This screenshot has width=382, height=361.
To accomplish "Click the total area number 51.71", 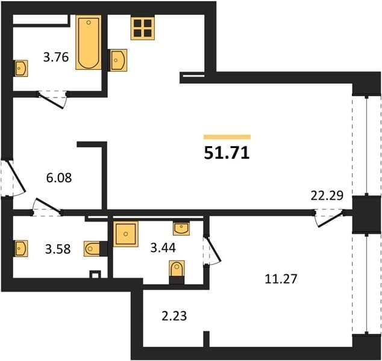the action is (x=227, y=153).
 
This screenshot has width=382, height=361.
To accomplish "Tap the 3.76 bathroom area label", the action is (x=56, y=58).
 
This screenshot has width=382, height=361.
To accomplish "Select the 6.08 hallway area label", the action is (x=59, y=177).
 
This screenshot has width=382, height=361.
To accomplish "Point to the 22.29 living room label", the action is (x=327, y=196).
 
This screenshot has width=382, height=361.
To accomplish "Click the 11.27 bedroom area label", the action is (x=281, y=279).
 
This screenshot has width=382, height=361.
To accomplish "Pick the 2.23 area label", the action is (x=174, y=316).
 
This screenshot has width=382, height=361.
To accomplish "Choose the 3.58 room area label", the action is (x=58, y=249).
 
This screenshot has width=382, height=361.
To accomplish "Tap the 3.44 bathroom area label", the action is (x=163, y=248).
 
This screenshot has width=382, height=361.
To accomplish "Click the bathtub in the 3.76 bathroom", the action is (x=89, y=42).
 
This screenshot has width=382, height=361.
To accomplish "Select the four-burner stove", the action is (x=143, y=28).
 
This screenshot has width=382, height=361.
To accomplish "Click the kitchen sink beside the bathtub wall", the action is (x=119, y=60).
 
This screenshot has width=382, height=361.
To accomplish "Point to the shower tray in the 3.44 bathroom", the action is (x=126, y=234).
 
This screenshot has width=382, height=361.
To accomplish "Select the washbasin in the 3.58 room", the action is (x=21, y=248).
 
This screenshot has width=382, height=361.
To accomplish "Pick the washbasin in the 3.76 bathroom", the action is (x=21, y=69).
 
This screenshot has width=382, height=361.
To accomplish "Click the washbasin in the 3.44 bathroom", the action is (x=181, y=228).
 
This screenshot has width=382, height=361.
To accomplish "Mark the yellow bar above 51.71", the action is (x=227, y=137).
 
